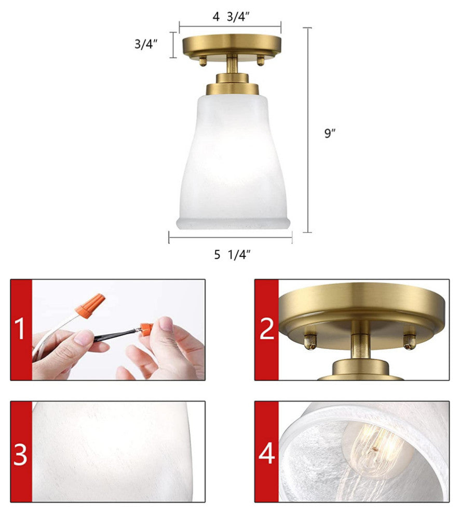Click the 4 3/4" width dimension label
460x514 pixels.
(231, 17)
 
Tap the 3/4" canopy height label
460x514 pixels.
(146, 44)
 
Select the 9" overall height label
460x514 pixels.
(330, 133)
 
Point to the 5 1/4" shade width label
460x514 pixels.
(233, 254)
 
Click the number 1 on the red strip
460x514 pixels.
(20, 330)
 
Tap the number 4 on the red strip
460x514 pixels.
(266, 453)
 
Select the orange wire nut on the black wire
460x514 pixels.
(146, 329)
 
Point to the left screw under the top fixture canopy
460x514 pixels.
(203, 61)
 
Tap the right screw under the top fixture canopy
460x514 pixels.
(261, 61)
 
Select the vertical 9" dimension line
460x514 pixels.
(307, 130)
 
